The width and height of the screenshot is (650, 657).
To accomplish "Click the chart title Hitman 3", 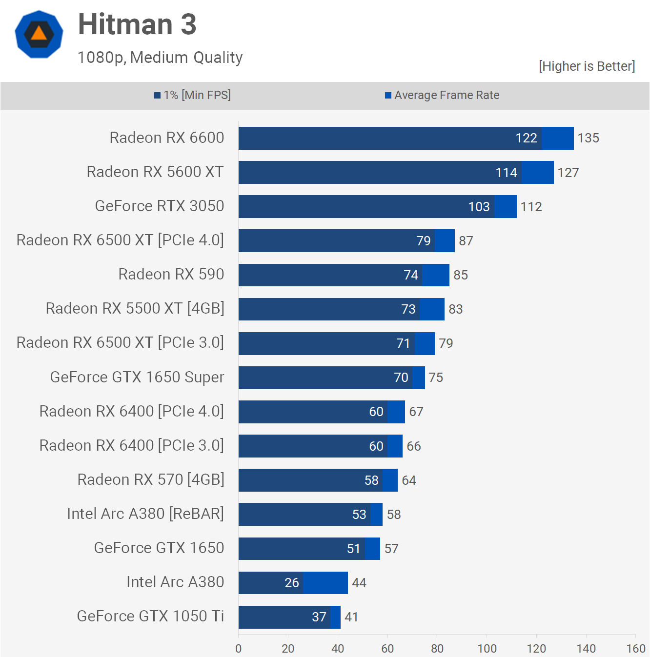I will point(137,24).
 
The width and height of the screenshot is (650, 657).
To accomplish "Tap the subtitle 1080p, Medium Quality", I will point(160,58).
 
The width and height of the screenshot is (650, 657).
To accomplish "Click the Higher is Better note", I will point(587,66).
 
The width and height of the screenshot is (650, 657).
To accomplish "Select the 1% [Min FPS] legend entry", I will point(193,95).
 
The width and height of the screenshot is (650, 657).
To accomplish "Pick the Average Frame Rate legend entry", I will point(442,95).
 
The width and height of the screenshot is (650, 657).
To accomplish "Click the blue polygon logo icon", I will point(39,34).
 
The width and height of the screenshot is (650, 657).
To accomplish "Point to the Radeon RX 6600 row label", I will point(167,138).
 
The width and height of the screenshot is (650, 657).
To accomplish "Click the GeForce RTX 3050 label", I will point(160,206).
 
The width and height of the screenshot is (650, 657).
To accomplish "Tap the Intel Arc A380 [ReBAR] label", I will point(145,514).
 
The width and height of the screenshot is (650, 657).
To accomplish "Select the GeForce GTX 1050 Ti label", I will point(150,617).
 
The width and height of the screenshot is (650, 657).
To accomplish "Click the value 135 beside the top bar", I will point(588,138).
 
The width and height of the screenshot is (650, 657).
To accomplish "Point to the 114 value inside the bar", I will point(506,173).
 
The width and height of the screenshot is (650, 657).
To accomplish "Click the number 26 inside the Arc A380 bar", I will point(292,583).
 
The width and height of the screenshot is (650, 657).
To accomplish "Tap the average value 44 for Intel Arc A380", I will point(359,583).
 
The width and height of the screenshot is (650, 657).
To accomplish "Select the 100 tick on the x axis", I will point(487,648).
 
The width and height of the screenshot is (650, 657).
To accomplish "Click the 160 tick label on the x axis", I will point(636,648).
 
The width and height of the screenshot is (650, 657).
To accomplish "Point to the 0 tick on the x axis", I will point(239,648).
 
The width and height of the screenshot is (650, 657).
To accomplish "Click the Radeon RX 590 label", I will point(171,275).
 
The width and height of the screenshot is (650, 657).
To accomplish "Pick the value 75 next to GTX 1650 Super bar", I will point(436,378).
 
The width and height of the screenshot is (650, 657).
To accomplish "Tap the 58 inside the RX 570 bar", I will point(371,480).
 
